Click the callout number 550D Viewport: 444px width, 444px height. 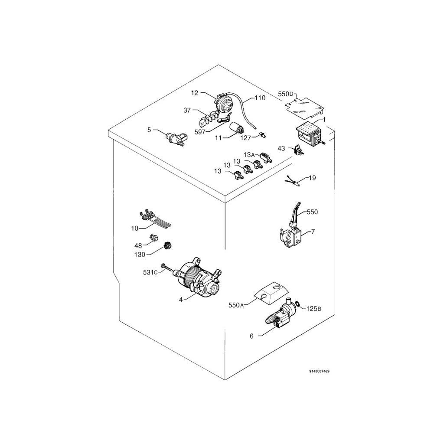[x=287, y=94]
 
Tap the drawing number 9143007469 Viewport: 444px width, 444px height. [x=320, y=371]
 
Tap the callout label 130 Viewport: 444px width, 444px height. [x=140, y=255]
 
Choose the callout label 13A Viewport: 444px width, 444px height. [x=250, y=155]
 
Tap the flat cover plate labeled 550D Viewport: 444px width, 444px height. [x=305, y=108]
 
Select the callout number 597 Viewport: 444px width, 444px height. [x=200, y=132]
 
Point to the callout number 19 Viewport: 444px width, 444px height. [x=312, y=178]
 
